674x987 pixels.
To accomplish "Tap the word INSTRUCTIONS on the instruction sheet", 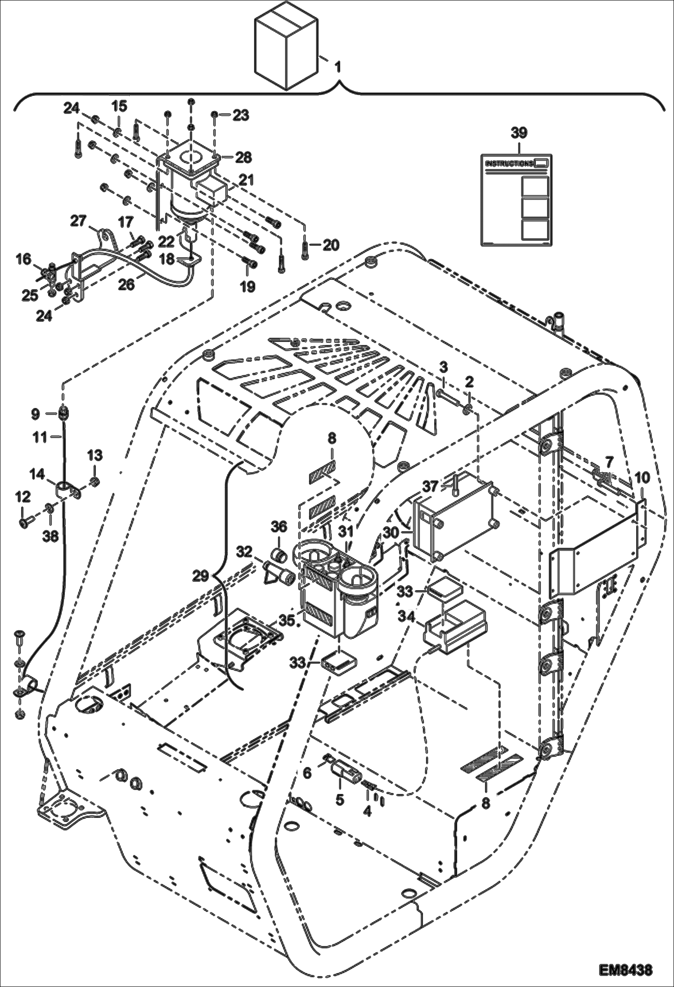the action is point(509,163).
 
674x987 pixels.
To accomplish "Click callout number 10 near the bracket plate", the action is point(642,478).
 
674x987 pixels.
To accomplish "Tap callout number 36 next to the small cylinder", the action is point(279,526).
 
